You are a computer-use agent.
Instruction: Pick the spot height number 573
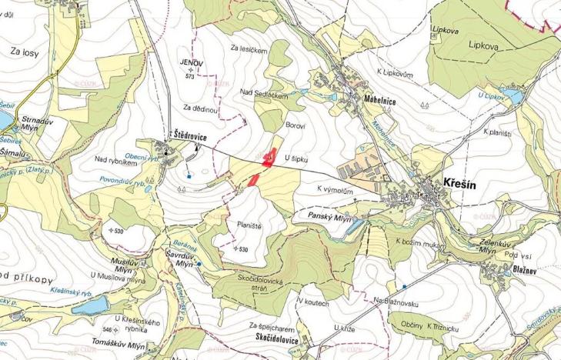[189, 77]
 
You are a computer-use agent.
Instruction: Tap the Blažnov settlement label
[523, 270]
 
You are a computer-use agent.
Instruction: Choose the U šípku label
[296, 158]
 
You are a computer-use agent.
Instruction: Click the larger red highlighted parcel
[269, 157]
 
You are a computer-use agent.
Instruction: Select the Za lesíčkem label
[249, 48]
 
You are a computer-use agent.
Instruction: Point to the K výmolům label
[335, 188]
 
